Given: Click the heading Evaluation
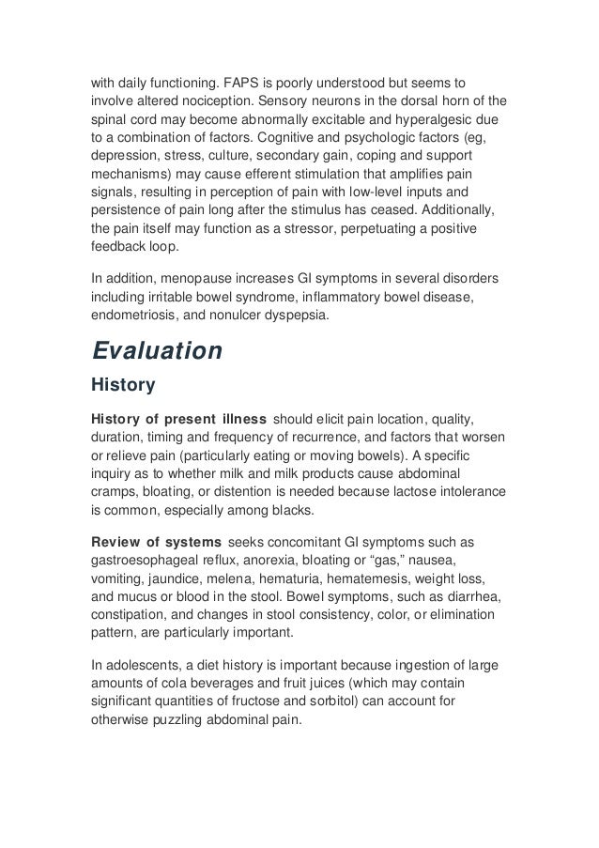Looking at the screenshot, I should coord(156,351).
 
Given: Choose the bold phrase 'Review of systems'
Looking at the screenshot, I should coord(156,542).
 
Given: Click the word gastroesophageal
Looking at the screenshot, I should coord(152,562).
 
